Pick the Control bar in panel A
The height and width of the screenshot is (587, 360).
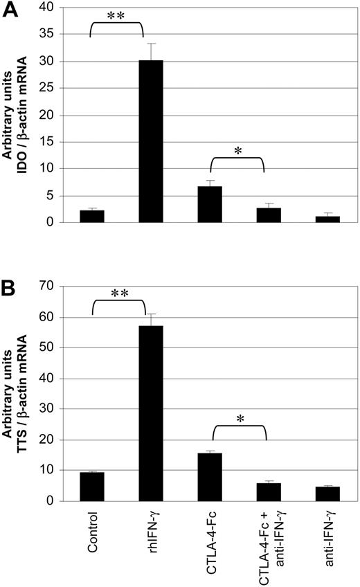pos(92,216)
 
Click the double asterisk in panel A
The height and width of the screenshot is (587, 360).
pos(116,15)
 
